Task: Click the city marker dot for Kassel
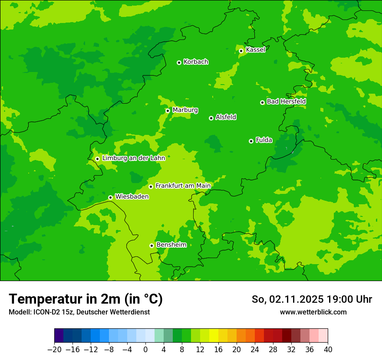pyautogui.click(x=241, y=51)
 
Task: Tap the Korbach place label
pyautogui.click(x=196, y=62)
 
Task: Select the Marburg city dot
pyautogui.click(x=168, y=111)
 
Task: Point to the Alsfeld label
pyautogui.click(x=226, y=117)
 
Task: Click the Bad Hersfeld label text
pyautogui.click(x=286, y=101)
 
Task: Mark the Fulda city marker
pyautogui.click(x=251, y=141)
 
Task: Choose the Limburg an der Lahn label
pyautogui.click(x=133, y=158)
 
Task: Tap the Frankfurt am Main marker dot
pyautogui.click(x=151, y=187)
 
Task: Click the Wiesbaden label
pyautogui.click(x=132, y=196)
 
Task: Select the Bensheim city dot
pyautogui.click(x=151, y=245)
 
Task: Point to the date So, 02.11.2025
pyautogui.click(x=286, y=299)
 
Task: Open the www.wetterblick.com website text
pyautogui.click(x=313, y=312)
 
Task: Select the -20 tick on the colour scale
pyautogui.click(x=54, y=349)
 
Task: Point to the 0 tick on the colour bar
pyautogui.click(x=145, y=349)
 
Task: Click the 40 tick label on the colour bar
pyautogui.click(x=328, y=349)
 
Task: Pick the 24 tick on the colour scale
pyautogui.click(x=255, y=349)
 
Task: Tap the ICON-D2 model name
pyautogui.click(x=44, y=312)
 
